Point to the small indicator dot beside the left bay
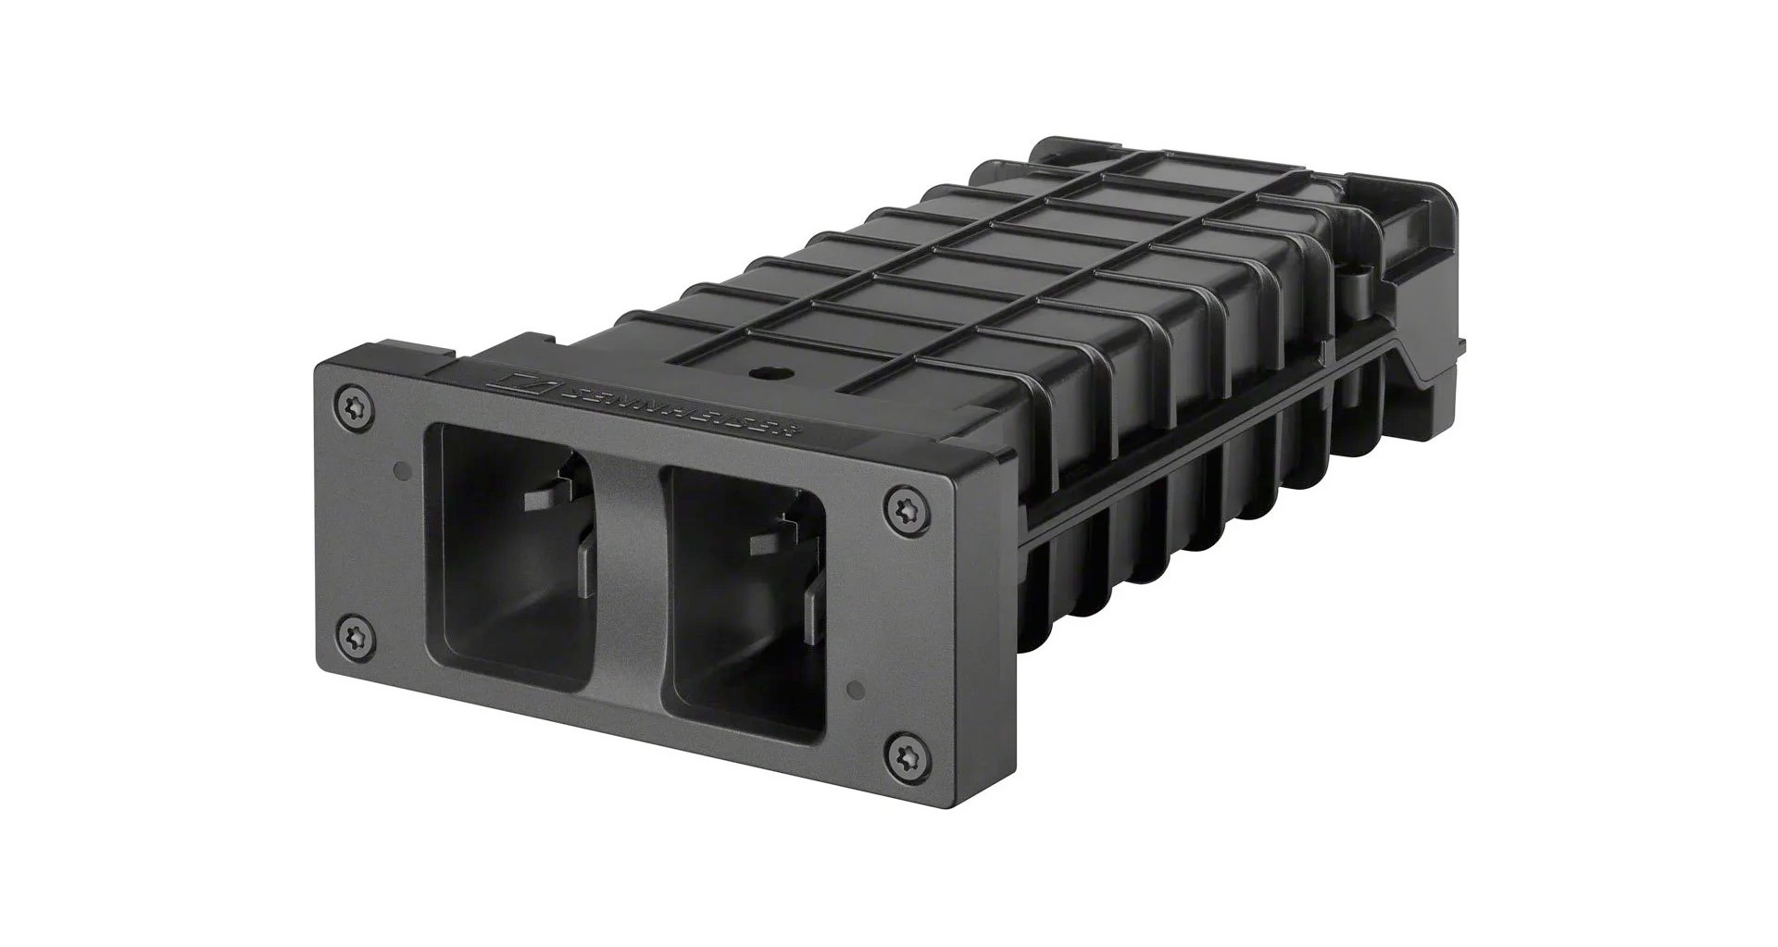click(400, 470)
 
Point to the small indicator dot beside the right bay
click(857, 691)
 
